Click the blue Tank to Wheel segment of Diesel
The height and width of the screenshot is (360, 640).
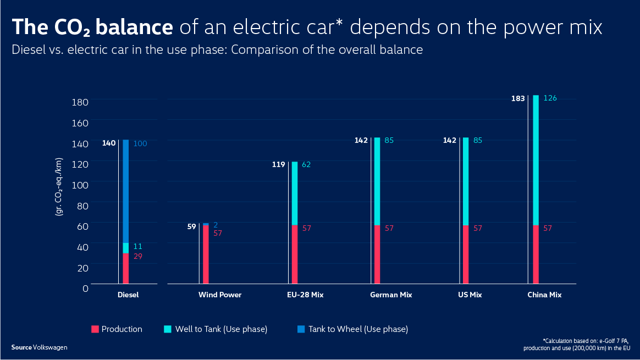pos(125,191)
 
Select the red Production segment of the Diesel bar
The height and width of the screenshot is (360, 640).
pos(125,268)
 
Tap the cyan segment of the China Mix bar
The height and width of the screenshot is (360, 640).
pos(536,160)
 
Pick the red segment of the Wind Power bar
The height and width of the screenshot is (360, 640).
pos(206,254)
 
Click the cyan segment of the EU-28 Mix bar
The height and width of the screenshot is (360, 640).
pos(294,193)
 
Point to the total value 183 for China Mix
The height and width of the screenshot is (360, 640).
pos(518,99)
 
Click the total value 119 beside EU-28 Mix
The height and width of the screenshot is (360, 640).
pos(278,164)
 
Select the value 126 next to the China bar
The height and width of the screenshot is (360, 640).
pos(551,98)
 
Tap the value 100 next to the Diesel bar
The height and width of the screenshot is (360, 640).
pos(140,143)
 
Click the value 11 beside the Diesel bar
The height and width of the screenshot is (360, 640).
pos(137,247)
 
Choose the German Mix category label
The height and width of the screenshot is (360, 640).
pos(391,295)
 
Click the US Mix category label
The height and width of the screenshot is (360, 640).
pos(470,295)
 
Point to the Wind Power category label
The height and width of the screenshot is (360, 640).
pos(220,295)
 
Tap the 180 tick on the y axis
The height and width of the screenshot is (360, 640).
pos(80,102)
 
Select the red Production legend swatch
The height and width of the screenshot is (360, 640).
pos(95,329)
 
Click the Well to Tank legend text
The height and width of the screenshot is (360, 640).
pos(222,329)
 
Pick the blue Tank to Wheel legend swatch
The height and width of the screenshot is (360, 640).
pos(301,329)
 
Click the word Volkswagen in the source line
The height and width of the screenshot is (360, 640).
pos(50,347)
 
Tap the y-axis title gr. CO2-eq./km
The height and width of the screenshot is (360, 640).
pos(59,186)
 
